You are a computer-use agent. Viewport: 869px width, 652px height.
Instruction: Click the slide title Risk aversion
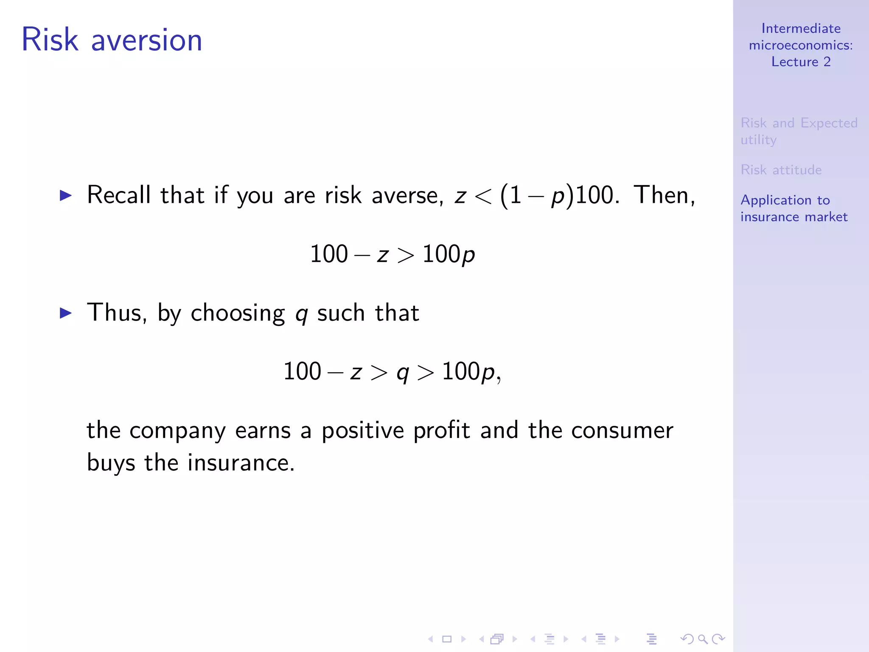112,40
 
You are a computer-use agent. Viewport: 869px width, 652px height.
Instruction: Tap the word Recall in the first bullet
119,195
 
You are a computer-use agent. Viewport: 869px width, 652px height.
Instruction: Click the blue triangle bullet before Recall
66,195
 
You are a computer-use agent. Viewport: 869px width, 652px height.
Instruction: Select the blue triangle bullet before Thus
66,313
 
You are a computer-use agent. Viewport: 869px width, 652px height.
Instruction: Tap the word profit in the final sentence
441,430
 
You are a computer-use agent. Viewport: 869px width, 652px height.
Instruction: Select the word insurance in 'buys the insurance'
241,463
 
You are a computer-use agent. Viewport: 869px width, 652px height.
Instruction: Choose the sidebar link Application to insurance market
793,208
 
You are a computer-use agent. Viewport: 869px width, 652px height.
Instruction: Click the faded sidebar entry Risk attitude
781,170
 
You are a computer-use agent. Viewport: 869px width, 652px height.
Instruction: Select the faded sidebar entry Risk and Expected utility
799,131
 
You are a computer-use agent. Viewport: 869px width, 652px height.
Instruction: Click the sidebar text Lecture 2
801,62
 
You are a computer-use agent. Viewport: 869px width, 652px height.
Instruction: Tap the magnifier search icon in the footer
703,639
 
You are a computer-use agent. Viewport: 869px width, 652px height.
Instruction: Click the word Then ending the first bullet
664,195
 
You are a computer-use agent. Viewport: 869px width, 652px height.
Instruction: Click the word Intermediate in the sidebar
801,28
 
